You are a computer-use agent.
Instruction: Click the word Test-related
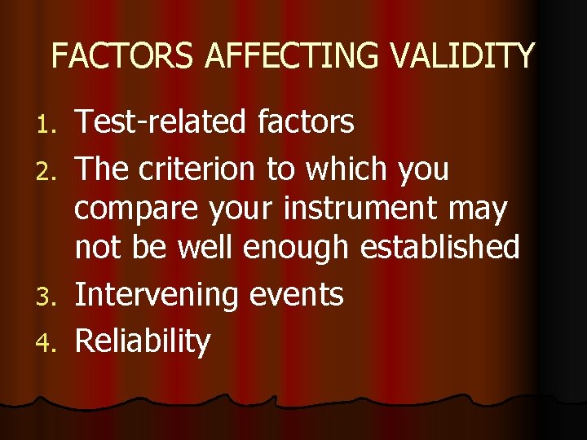tap(159, 122)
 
